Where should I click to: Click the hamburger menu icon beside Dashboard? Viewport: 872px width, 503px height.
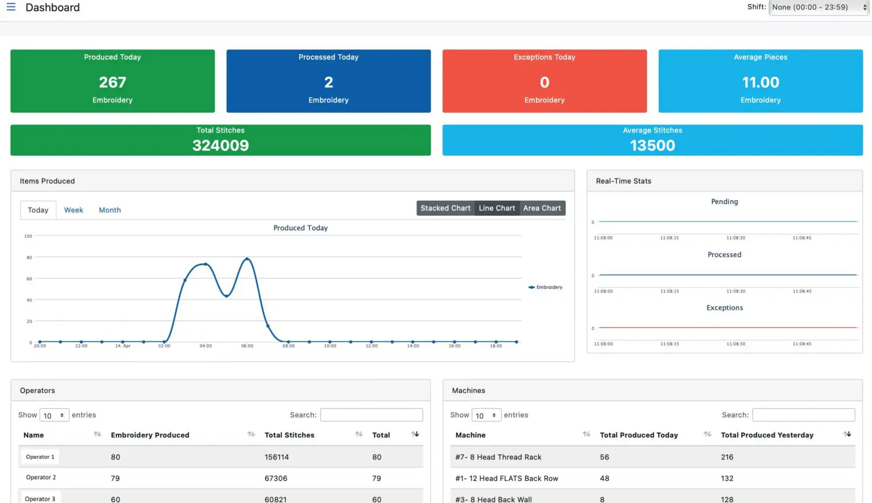[x=11, y=7]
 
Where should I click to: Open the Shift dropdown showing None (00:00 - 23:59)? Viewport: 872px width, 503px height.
[x=819, y=8]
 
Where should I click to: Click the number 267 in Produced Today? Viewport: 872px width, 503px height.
[x=112, y=83]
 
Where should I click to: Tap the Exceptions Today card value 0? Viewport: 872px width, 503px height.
[x=544, y=83]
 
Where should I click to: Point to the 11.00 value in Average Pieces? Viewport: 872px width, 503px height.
[x=760, y=83]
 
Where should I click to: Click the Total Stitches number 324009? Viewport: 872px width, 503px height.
[x=220, y=145]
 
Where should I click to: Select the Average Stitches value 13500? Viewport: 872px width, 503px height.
[x=652, y=145]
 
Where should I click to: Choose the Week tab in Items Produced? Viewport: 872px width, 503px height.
[x=73, y=210]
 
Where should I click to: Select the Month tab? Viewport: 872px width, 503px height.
[x=110, y=210]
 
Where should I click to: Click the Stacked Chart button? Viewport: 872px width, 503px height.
[x=445, y=208]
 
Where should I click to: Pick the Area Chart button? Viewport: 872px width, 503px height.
[x=542, y=208]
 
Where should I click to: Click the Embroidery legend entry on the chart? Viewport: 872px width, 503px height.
[x=546, y=287]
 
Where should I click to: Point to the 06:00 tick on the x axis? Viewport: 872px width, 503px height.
[x=247, y=346]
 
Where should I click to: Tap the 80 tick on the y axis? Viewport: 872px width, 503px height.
[x=29, y=258]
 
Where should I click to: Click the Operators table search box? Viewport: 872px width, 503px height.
[x=371, y=415]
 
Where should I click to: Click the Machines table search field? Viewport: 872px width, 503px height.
[x=803, y=415]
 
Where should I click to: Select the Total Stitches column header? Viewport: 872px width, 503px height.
[x=290, y=435]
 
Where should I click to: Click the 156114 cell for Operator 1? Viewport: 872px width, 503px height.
[x=277, y=457]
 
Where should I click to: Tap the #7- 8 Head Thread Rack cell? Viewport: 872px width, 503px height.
[x=498, y=457]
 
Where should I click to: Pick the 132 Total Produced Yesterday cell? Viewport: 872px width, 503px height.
[x=727, y=479]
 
